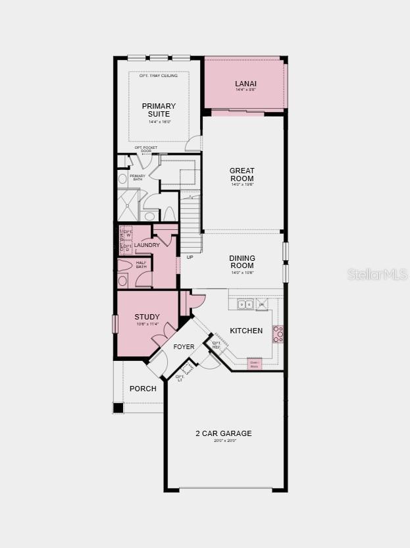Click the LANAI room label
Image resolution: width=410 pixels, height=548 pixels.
click(245, 84)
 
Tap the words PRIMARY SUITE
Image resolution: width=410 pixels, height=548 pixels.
click(159, 110)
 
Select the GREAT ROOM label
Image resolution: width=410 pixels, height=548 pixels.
click(242, 175)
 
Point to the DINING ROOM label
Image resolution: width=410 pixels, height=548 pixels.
click(242, 262)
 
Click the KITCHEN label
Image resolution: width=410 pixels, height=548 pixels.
click(246, 331)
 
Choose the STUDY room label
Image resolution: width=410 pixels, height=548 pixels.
click(147, 317)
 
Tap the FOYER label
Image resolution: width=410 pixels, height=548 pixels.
click(184, 346)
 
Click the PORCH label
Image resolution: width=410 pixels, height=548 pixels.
click(143, 389)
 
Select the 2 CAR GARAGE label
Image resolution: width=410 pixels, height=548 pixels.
click(223, 433)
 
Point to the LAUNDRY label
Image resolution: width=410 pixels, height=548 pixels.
click(147, 245)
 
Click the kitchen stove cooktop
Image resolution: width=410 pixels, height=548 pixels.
click(278, 334)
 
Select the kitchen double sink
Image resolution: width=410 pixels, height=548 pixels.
click(245, 304)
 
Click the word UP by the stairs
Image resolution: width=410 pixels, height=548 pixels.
click(190, 257)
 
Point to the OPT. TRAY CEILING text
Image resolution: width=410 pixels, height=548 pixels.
click(159, 76)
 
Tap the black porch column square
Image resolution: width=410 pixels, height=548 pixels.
click(118, 408)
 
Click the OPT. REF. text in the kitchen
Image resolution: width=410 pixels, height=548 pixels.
click(216, 344)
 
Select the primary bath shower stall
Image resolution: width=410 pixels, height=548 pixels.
click(128, 205)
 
